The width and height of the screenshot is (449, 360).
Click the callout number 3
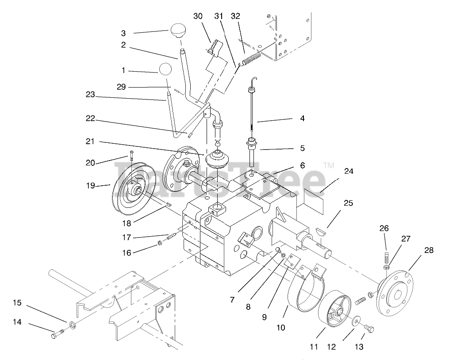click(x=123, y=33)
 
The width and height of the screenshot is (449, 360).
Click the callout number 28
click(x=429, y=250)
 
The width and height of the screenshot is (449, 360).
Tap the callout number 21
click(x=91, y=142)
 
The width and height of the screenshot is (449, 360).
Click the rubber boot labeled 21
click(x=217, y=159)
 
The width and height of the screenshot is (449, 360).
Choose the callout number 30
click(x=198, y=16)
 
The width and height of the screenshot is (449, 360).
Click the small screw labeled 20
click(x=131, y=156)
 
